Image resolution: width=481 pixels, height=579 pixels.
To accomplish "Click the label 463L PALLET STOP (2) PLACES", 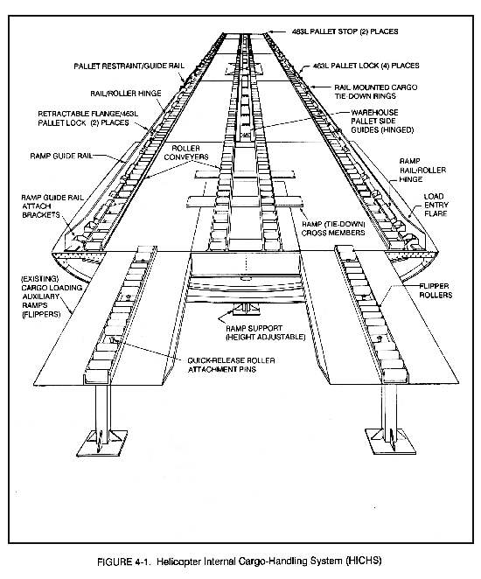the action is (x=345, y=31).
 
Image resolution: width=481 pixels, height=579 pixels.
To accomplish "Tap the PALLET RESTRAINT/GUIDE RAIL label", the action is (x=129, y=66).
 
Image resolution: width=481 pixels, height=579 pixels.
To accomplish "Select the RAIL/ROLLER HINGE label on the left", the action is (x=126, y=94).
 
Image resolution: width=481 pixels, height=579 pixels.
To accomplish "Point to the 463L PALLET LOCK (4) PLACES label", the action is (x=366, y=66).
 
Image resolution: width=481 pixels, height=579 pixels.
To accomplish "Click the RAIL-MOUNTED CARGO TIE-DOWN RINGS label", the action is (x=376, y=92).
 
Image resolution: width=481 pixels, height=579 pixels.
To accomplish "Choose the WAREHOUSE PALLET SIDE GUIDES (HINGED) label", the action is (x=382, y=121).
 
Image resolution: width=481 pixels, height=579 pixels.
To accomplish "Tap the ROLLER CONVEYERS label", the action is (x=186, y=152).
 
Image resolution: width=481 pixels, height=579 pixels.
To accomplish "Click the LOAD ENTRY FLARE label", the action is (x=436, y=205).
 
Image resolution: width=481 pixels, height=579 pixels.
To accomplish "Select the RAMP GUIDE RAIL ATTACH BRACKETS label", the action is (x=52, y=206).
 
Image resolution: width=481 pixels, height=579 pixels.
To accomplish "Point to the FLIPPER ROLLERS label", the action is (x=436, y=290).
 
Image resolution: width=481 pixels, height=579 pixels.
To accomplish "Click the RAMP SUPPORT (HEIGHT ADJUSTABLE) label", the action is (x=265, y=332).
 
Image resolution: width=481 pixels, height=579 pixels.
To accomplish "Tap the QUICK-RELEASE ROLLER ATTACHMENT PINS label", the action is (x=231, y=365).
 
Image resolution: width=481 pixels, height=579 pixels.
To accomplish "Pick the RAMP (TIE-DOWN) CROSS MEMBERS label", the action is (x=333, y=228).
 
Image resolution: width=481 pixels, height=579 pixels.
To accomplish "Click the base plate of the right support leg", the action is (x=391, y=442).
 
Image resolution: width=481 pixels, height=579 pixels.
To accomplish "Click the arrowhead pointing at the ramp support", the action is (x=220, y=317).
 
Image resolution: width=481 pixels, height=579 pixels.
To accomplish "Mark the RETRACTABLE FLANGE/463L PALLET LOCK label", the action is (x=87, y=118).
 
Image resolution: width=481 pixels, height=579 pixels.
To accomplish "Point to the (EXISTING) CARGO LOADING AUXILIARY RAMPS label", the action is (x=52, y=296).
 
